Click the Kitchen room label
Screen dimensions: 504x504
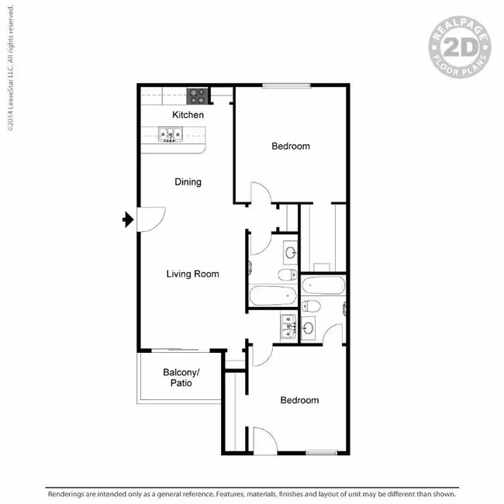coord(188,115)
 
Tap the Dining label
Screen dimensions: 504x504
coord(188,182)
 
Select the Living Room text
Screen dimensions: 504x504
coord(192,274)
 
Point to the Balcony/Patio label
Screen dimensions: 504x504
coord(181,378)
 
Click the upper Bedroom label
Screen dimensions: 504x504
coord(291,147)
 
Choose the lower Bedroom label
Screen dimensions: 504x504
coord(299,400)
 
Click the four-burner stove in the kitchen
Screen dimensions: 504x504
coord(197,96)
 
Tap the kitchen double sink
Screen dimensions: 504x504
coord(171,134)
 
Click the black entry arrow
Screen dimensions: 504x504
coord(128,219)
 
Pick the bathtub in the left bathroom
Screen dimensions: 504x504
coord(273,295)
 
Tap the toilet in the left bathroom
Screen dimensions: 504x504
coord(288,274)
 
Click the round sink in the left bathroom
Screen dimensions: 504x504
coord(291,253)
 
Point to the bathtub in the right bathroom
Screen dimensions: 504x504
coord(323,285)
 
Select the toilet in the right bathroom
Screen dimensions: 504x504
coord(311,306)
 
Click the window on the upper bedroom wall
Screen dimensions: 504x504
coord(286,85)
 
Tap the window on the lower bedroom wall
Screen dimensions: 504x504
coord(322,453)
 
